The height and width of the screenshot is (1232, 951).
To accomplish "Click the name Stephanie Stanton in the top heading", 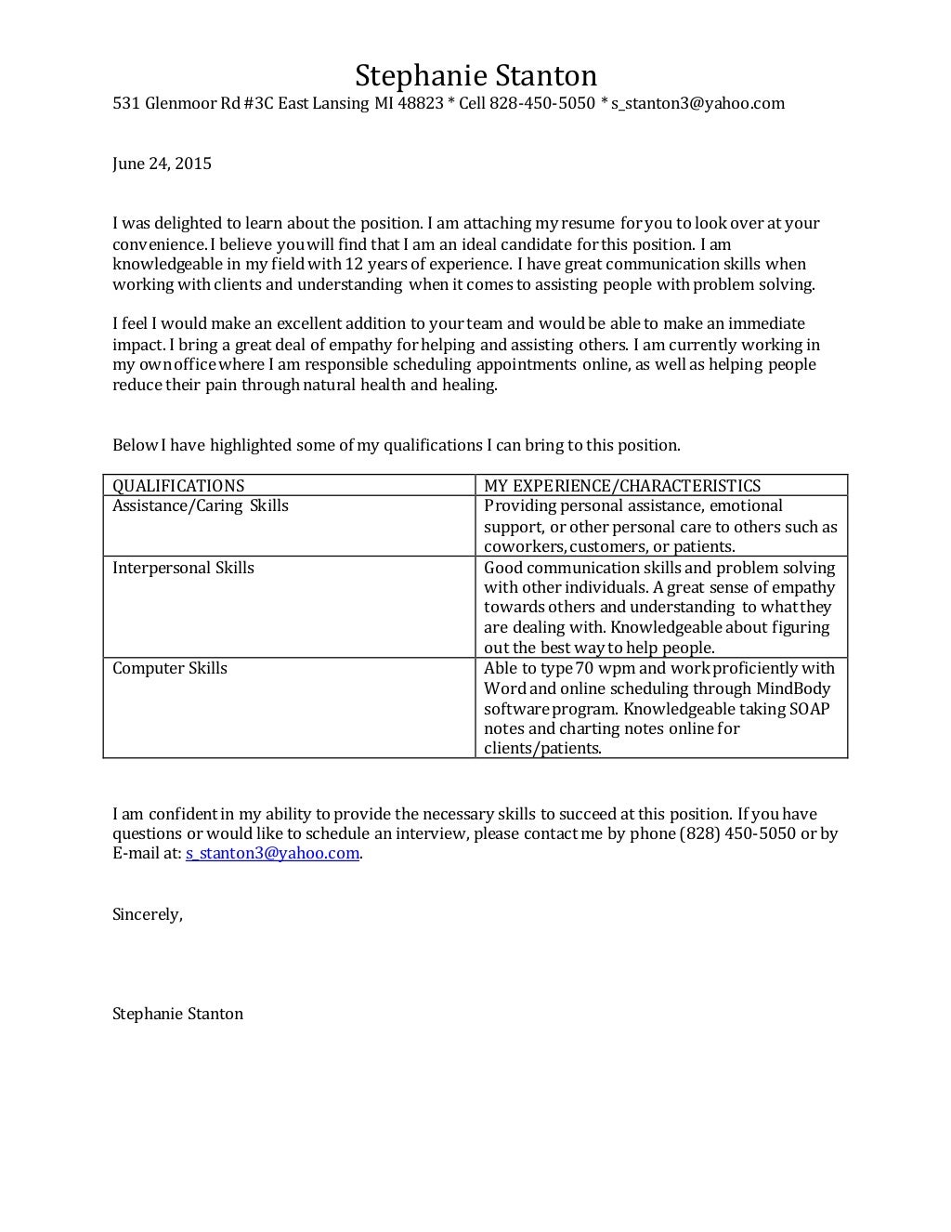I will pyautogui.click(x=475, y=75).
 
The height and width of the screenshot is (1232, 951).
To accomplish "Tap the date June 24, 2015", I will pyautogui.click(x=162, y=164).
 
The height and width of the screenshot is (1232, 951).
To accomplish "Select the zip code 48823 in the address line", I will pyautogui.click(x=420, y=103).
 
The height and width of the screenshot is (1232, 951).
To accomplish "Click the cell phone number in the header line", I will pyautogui.click(x=542, y=103).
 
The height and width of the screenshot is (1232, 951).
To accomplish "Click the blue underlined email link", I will pyautogui.click(x=272, y=853).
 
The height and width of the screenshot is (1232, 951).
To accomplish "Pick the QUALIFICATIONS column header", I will pyautogui.click(x=178, y=485).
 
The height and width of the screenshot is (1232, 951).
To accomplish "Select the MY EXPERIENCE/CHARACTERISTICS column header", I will pyautogui.click(x=621, y=485).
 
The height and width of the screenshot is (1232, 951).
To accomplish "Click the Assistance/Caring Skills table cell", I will pyautogui.click(x=201, y=505).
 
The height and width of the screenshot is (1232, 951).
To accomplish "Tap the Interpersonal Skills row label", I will pyautogui.click(x=183, y=568).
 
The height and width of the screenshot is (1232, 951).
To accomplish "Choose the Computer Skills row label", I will pyautogui.click(x=170, y=668).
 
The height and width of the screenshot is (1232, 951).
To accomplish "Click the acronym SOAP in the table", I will pyautogui.click(x=811, y=709).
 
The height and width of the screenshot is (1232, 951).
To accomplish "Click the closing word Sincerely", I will pyautogui.click(x=147, y=914).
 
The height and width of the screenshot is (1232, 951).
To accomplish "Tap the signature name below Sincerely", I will pyautogui.click(x=177, y=1014).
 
